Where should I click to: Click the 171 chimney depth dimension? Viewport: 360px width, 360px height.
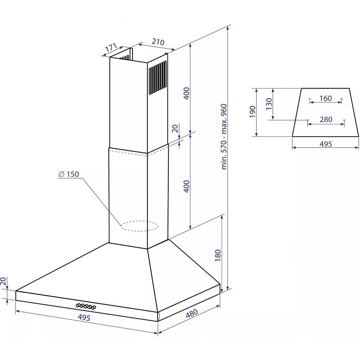[x=111, y=47]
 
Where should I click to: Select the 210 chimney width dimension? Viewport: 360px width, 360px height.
[x=158, y=42]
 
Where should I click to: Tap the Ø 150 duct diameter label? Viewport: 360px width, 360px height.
[x=69, y=174]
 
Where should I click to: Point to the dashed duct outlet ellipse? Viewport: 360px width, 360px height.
[x=139, y=226]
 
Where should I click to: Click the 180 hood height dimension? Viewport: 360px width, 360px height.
[x=217, y=255]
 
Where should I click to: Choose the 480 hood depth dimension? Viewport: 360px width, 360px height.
[x=192, y=313]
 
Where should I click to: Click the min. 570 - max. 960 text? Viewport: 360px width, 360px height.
[x=224, y=137]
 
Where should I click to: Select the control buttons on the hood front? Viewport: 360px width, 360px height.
[x=86, y=306]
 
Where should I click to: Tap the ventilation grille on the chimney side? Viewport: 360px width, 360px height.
[x=158, y=77]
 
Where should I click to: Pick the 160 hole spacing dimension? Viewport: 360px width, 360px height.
[x=325, y=99]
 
